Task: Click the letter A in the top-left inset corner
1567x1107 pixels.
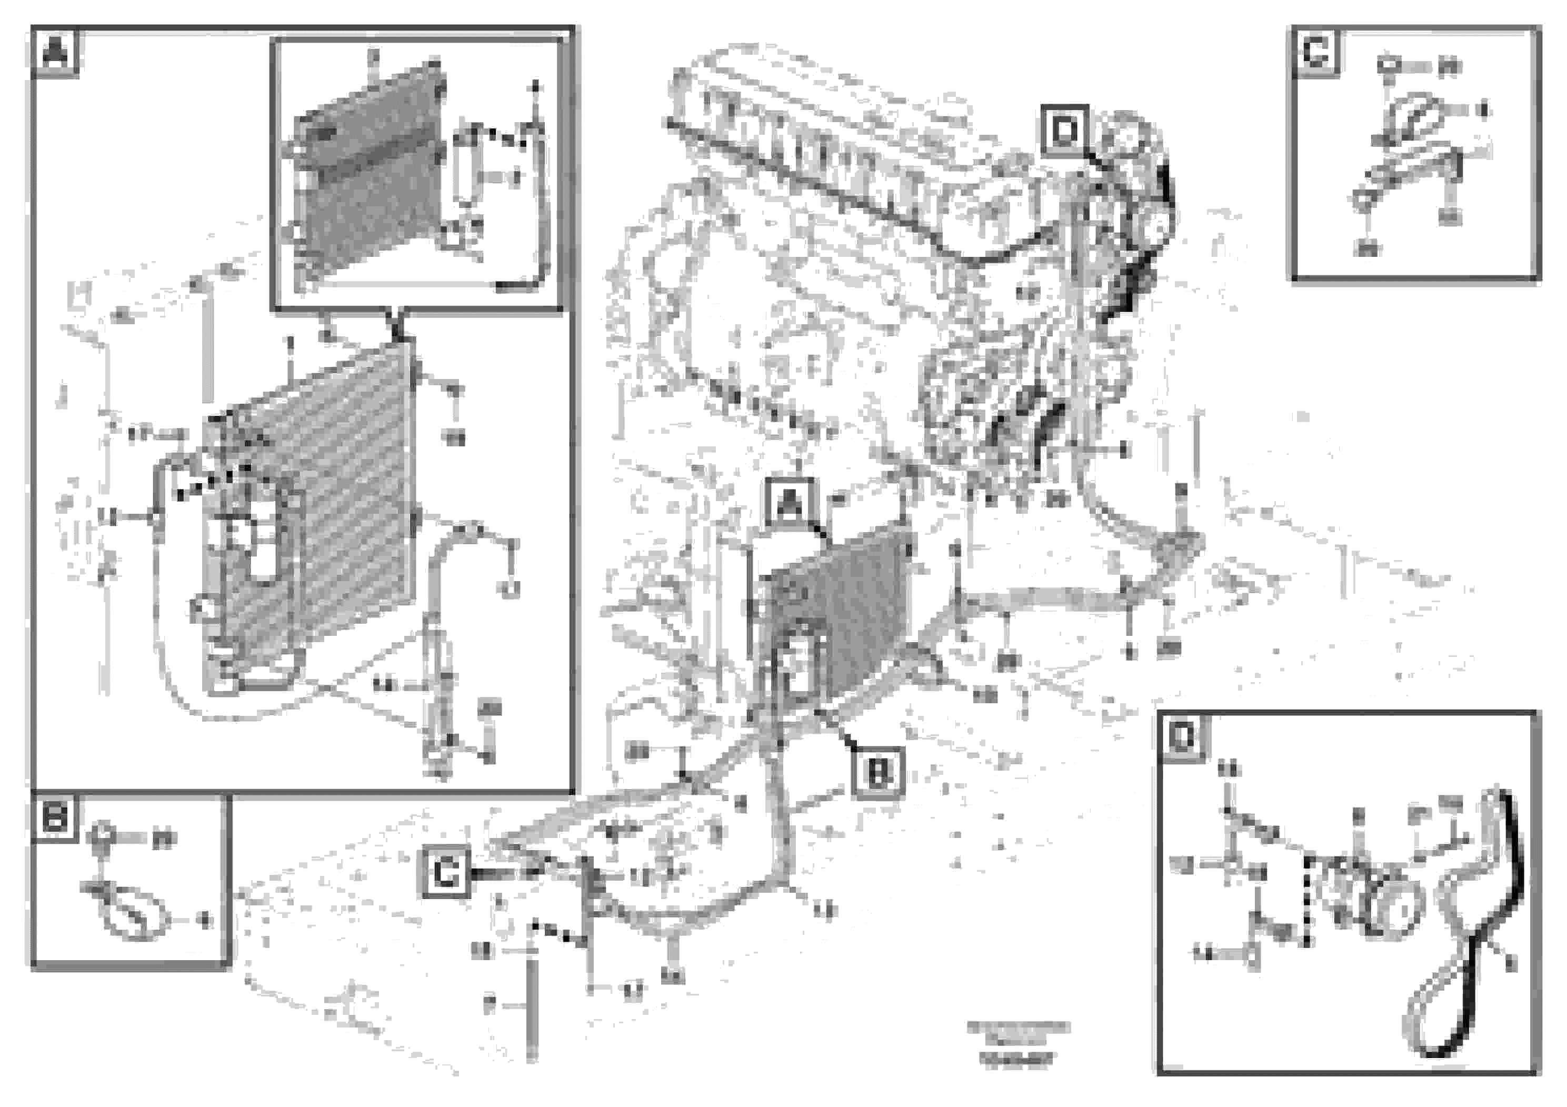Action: pyautogui.click(x=55, y=52)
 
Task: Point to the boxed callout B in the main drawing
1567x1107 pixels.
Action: pyautogui.click(x=877, y=773)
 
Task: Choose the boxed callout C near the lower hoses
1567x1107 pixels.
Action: pyautogui.click(x=446, y=872)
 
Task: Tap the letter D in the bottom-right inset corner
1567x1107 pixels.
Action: pyautogui.click(x=1183, y=737)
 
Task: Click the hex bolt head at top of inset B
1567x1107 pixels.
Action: pyautogui.click(x=102, y=834)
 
